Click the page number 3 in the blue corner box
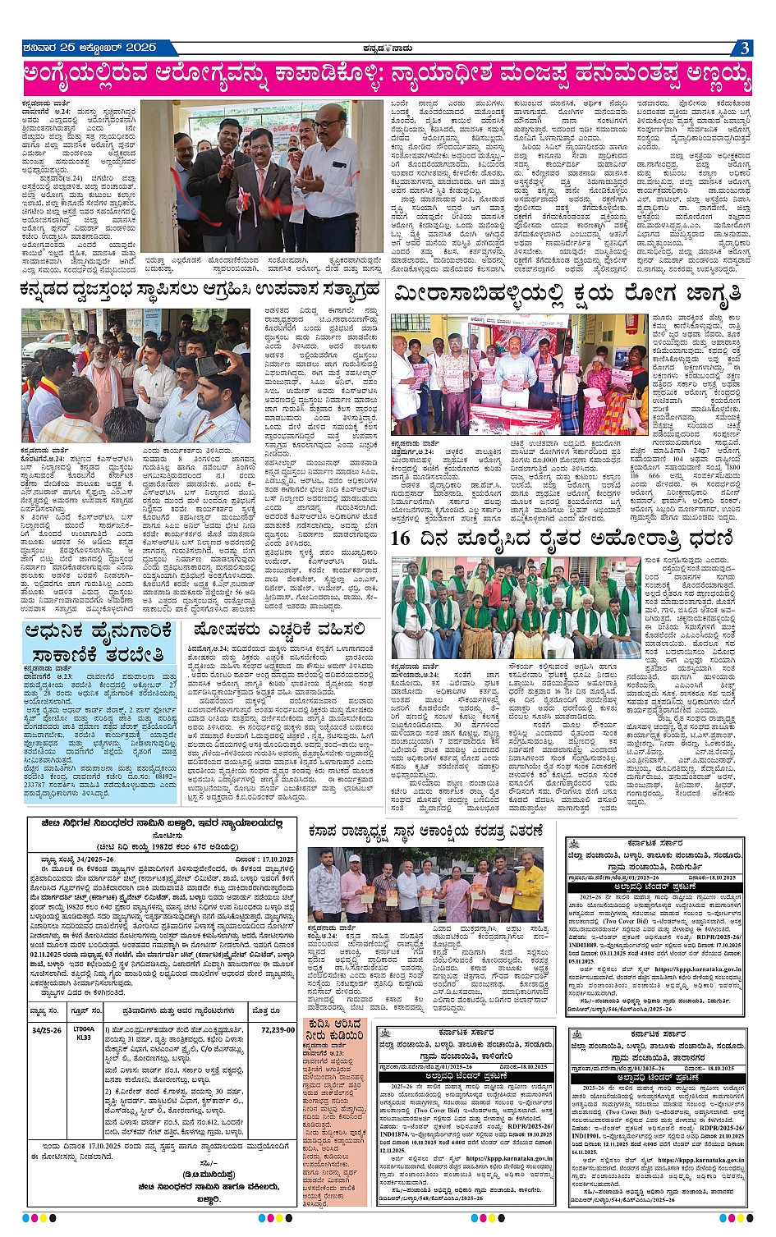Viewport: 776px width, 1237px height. click(x=742, y=48)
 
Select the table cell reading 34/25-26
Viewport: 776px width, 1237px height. click(x=46, y=1029)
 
